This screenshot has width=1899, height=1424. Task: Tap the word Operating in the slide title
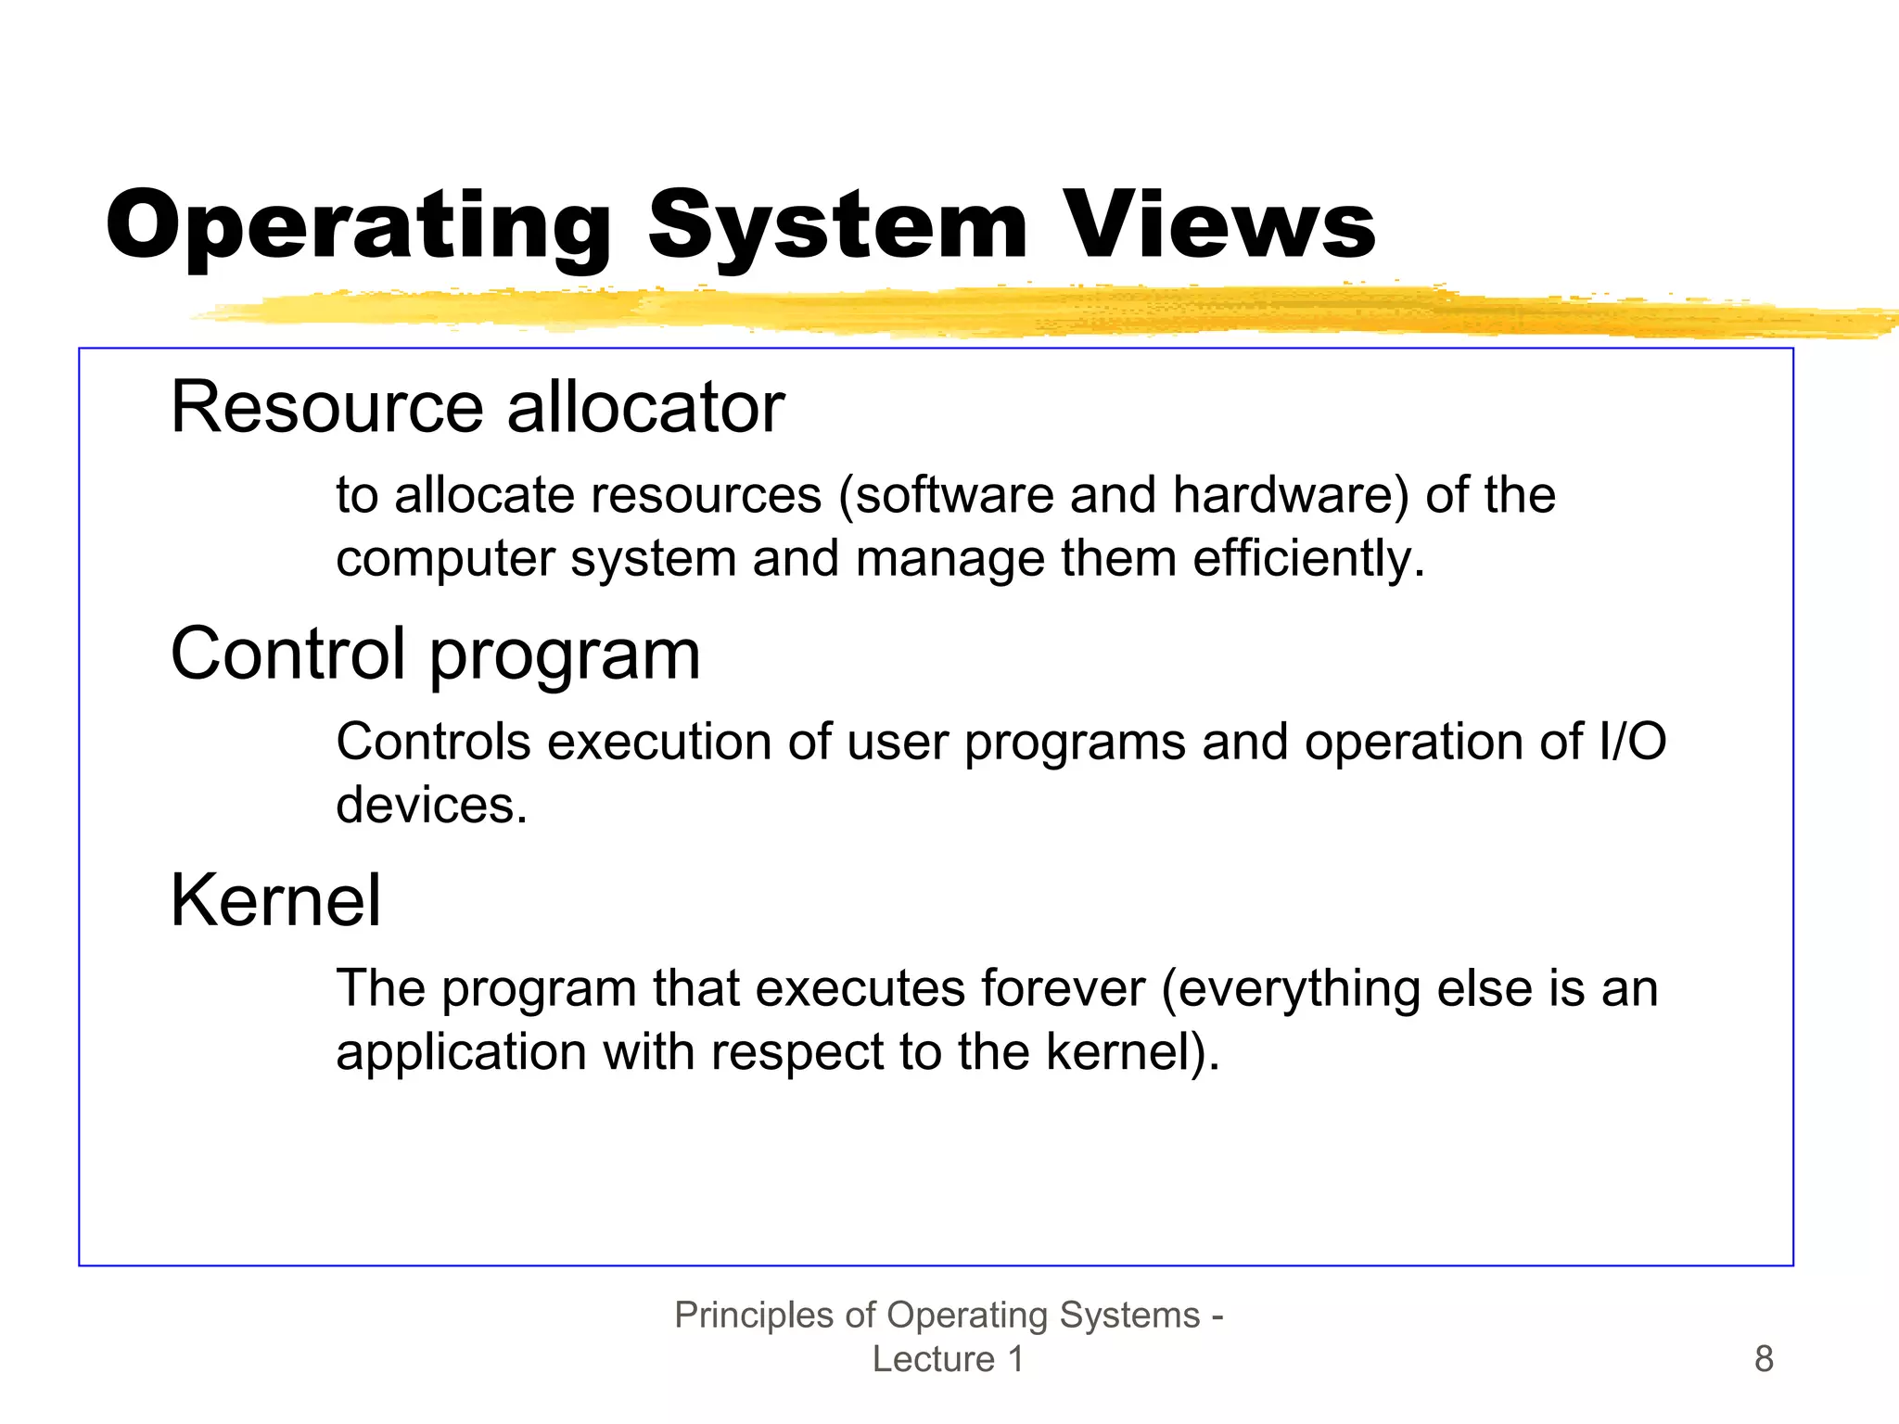coord(359,225)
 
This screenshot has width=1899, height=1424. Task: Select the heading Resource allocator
coord(478,407)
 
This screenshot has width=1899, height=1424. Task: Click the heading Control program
coord(435,654)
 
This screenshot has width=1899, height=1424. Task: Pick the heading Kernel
coord(275,900)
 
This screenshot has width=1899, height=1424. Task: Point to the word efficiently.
coord(1308,558)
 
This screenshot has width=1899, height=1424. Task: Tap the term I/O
coord(1633,742)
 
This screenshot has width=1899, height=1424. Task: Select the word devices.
coord(431,805)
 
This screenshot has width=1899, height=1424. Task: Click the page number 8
coord(1764,1359)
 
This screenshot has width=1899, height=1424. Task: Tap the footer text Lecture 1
coord(948,1359)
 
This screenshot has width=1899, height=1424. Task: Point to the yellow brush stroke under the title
coord(1020,311)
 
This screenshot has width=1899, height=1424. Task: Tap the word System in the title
coord(838,225)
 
